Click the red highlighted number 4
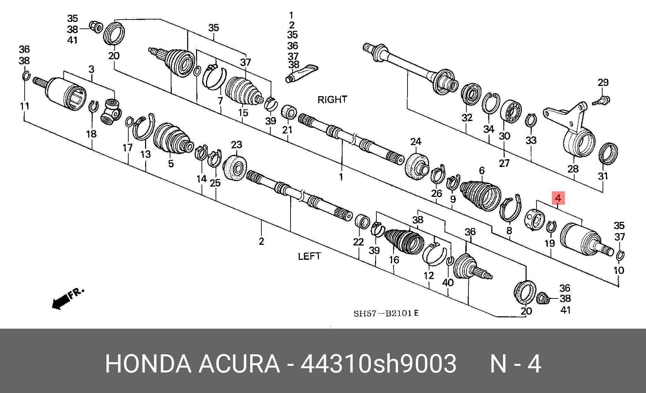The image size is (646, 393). tap(558, 198)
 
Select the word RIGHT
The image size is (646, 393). tap(332, 100)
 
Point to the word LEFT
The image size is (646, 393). tap(309, 256)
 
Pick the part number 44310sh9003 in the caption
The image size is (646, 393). tap(378, 364)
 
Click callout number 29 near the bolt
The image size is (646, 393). tap(603, 83)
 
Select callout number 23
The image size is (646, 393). tap(236, 145)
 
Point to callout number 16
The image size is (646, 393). tap(394, 260)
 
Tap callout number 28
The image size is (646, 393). tap(573, 168)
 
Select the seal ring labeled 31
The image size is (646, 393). tap(609, 153)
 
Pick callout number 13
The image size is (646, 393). tap(145, 154)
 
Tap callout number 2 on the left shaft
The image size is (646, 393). tap(261, 241)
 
